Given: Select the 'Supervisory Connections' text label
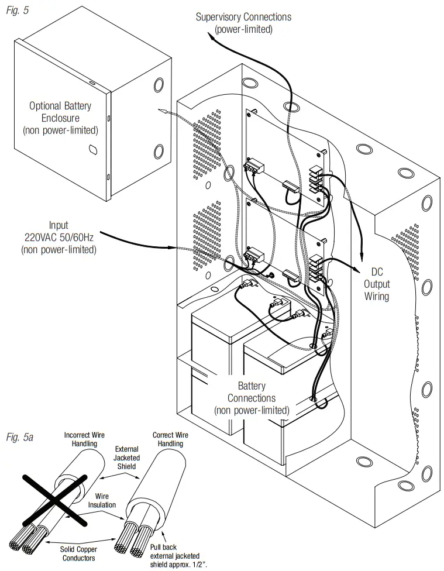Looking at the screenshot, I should (243, 22).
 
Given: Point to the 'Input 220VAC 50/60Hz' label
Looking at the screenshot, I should (58, 237).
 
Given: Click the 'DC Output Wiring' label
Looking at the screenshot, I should (377, 284).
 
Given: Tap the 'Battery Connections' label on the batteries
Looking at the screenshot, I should (252, 398).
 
